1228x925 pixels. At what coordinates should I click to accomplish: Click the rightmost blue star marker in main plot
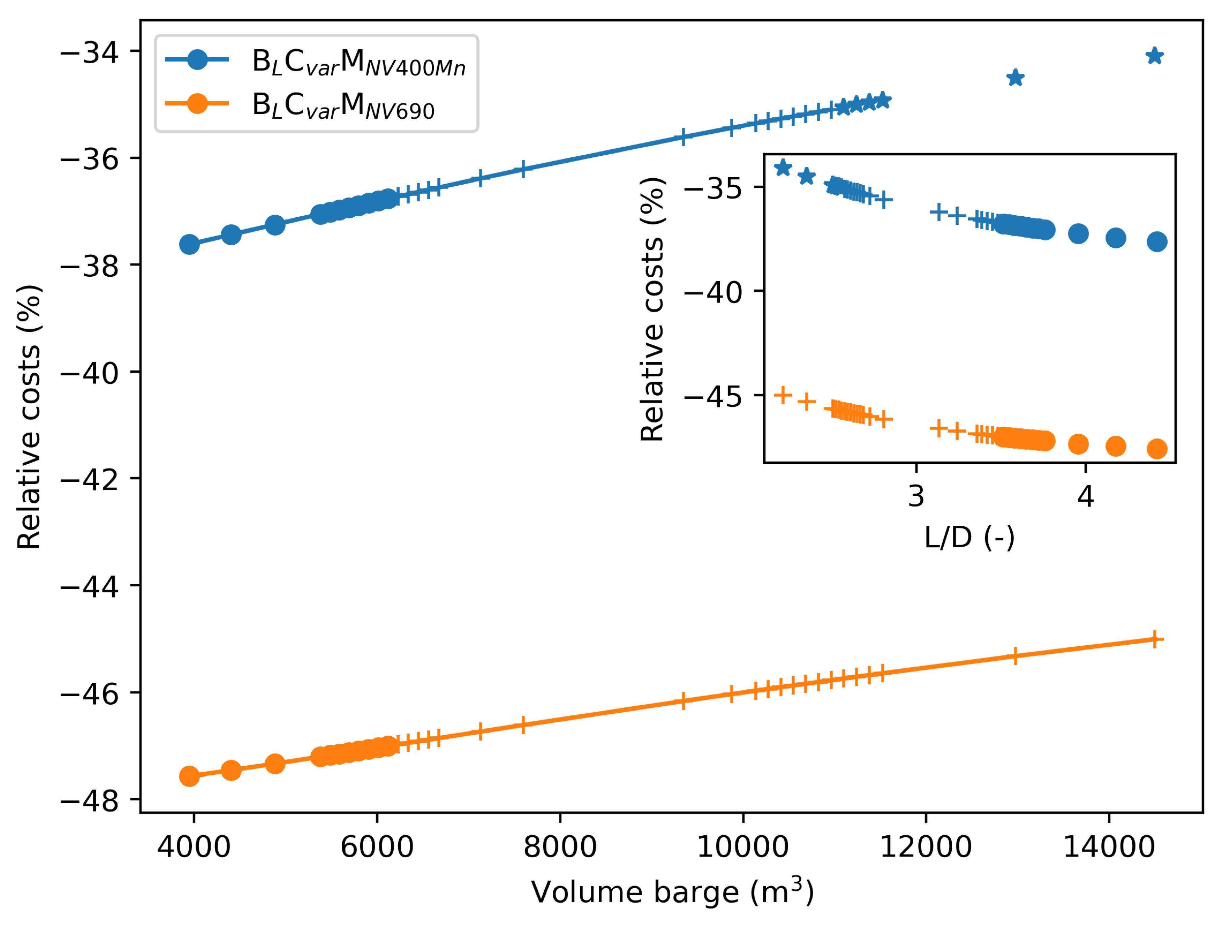pyautogui.click(x=1155, y=56)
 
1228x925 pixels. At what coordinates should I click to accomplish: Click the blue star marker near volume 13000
pyautogui.click(x=1015, y=78)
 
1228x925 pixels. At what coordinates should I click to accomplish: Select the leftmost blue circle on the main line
pyautogui.click(x=189, y=244)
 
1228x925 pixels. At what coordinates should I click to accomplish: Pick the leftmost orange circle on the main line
pyautogui.click(x=189, y=776)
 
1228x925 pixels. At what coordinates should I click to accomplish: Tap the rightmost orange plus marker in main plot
pyautogui.click(x=1155, y=640)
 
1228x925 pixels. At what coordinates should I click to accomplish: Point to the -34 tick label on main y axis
pyautogui.click(x=89, y=53)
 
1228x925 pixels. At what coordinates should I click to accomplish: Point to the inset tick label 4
pyautogui.click(x=1086, y=496)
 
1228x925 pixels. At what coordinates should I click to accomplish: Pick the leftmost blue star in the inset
pyautogui.click(x=783, y=167)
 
